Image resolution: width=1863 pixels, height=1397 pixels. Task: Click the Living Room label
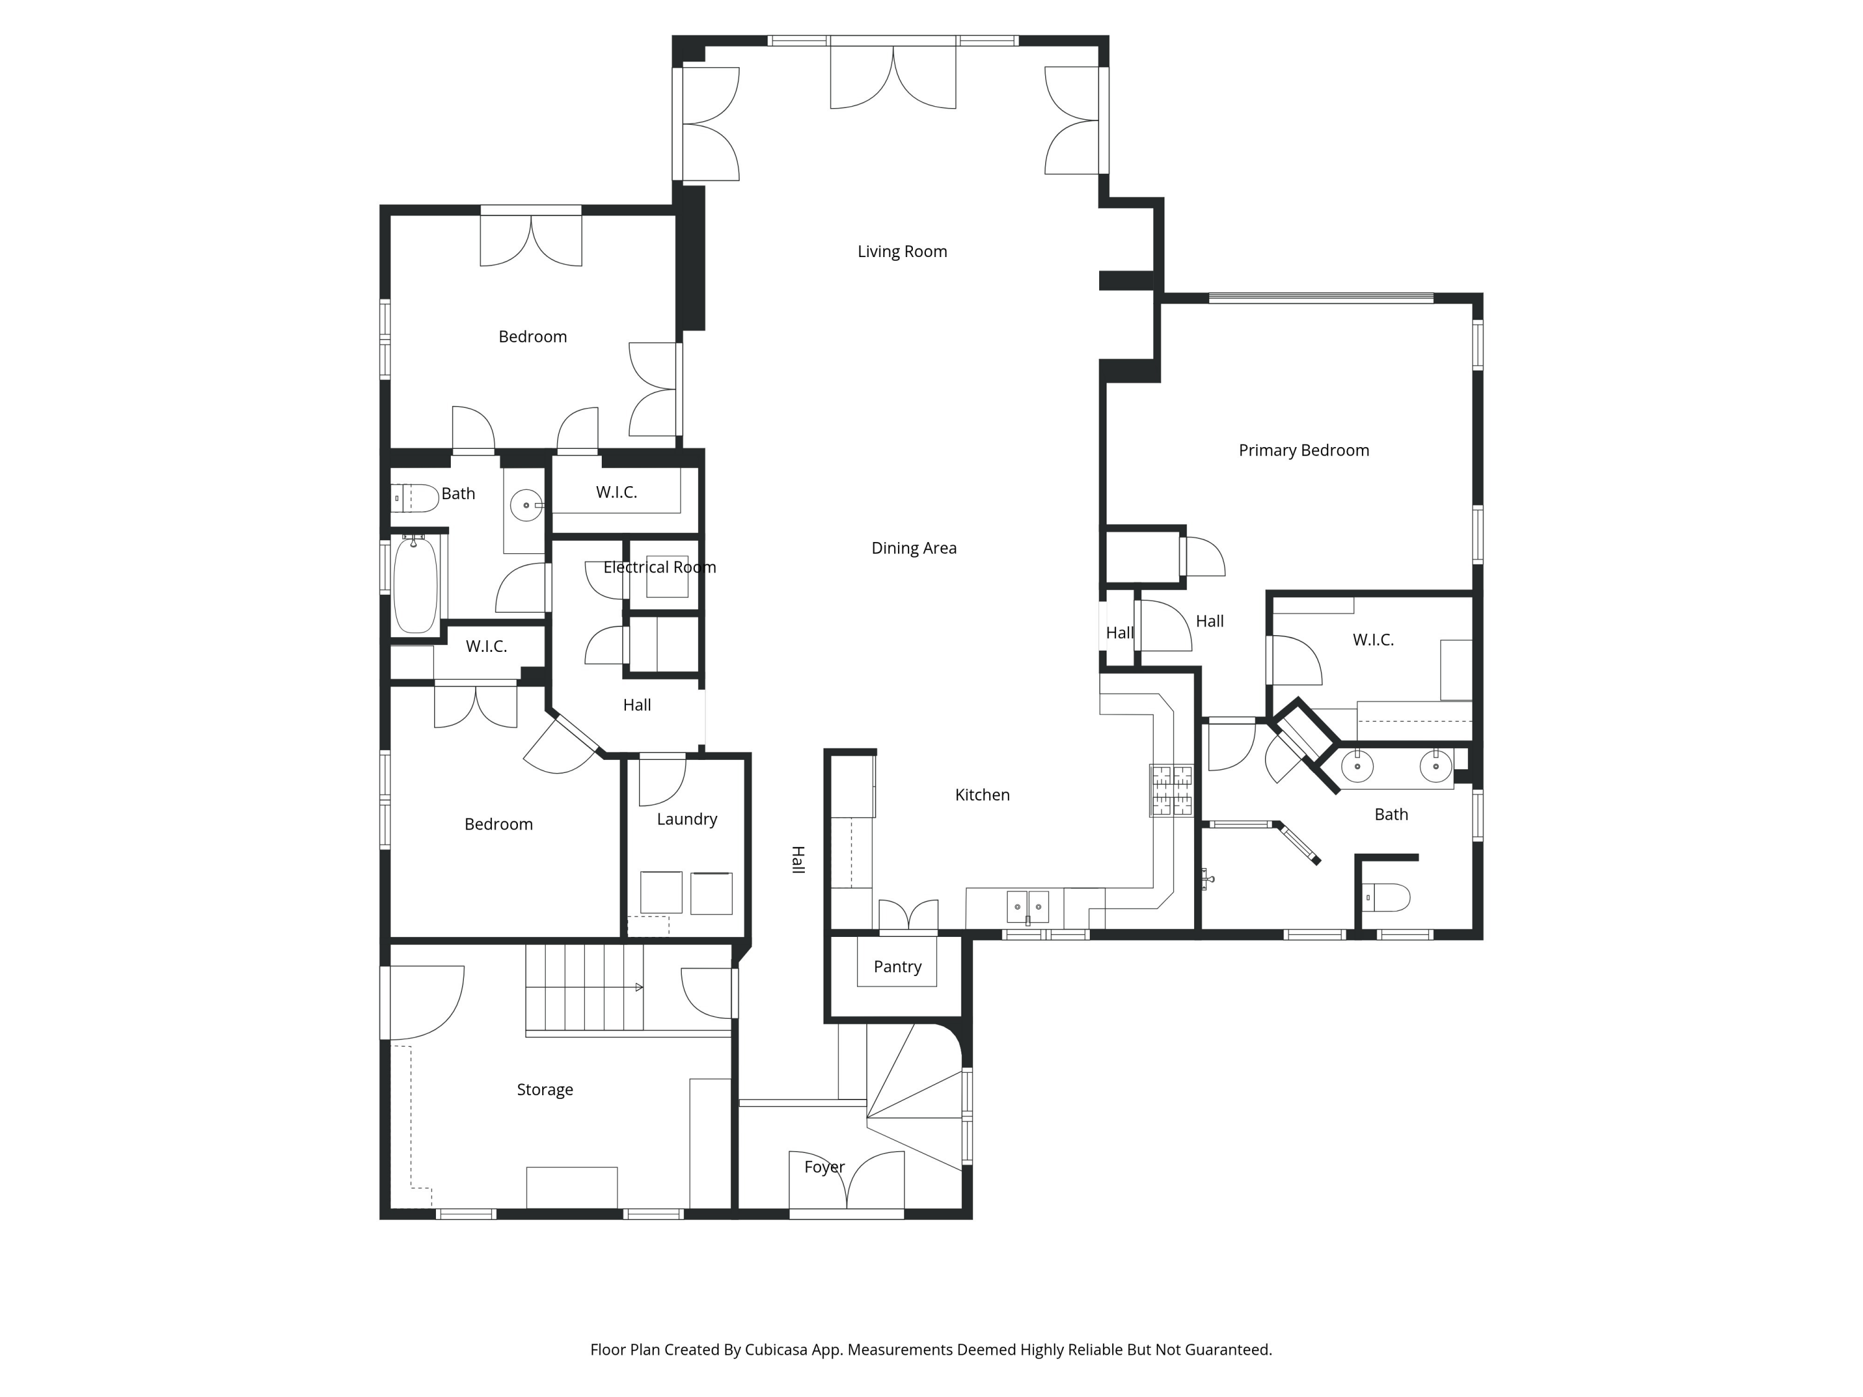click(x=902, y=252)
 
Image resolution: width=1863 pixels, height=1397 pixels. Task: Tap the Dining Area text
click(x=914, y=548)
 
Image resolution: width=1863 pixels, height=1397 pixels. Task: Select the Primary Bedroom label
click(x=1303, y=451)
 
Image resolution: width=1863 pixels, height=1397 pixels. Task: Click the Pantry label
click(x=897, y=967)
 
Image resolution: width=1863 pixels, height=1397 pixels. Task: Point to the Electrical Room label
click(x=660, y=567)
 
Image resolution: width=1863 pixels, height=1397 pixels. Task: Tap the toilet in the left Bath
click(x=415, y=499)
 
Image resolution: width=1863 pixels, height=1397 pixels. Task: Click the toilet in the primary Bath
click(x=1386, y=898)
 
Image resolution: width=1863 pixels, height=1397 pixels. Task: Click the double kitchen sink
click(x=1028, y=907)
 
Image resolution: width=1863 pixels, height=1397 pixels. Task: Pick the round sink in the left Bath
click(x=527, y=505)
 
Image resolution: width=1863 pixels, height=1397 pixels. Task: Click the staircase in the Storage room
click(x=584, y=987)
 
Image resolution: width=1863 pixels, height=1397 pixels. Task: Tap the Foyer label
click(x=823, y=1167)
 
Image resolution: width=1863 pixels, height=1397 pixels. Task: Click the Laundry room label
click(x=686, y=820)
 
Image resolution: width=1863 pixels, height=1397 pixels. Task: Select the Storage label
click(x=545, y=1090)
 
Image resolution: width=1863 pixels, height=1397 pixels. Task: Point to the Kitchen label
click(x=982, y=795)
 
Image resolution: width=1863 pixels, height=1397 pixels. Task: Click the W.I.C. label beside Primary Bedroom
click(x=1373, y=640)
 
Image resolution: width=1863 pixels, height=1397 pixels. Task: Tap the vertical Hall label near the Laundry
click(x=797, y=860)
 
